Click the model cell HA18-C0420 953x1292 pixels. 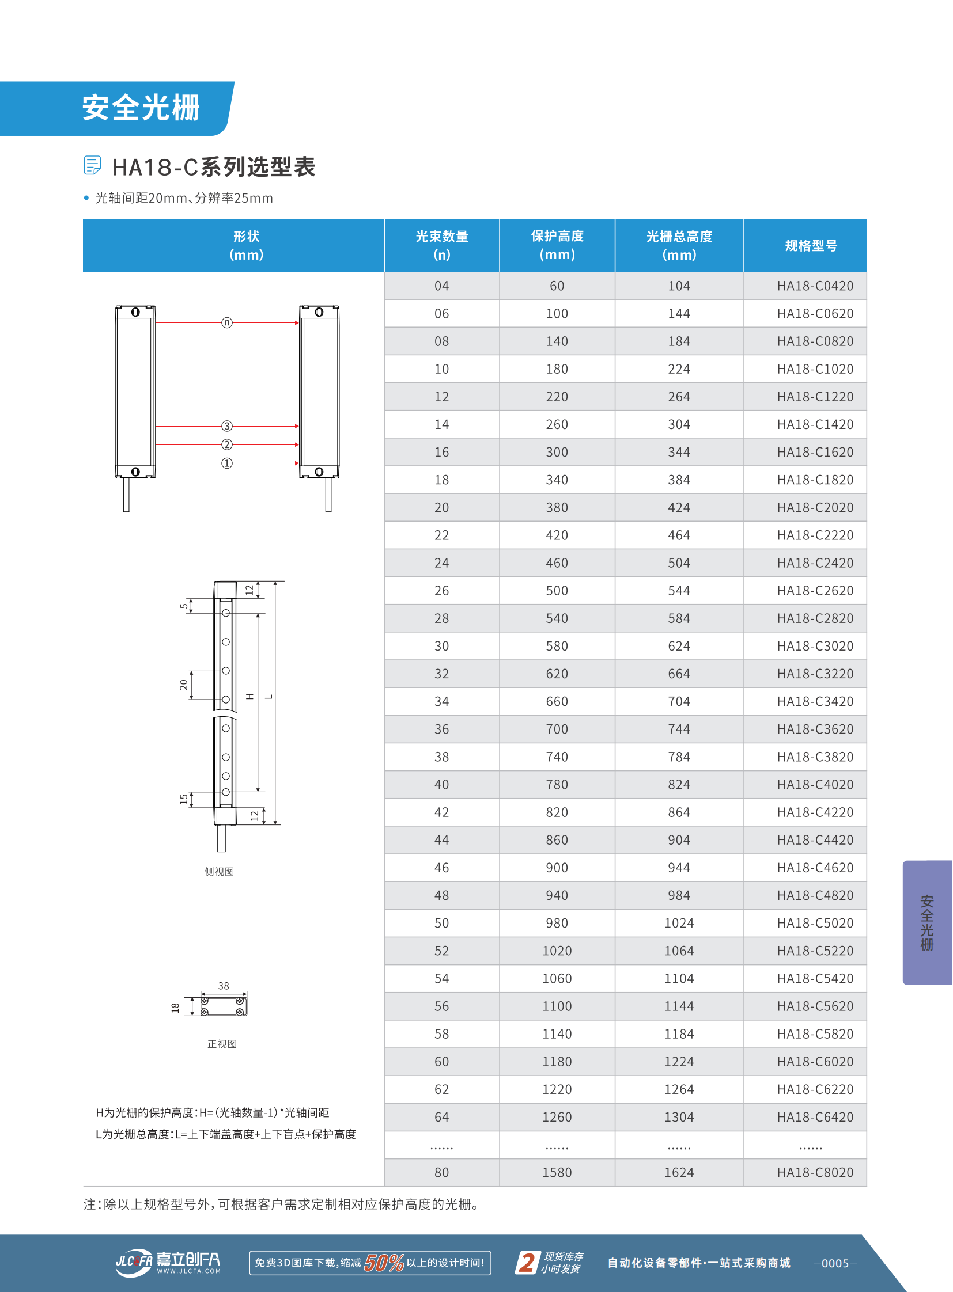(x=815, y=286)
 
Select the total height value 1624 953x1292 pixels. (x=679, y=1172)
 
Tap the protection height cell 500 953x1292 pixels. (x=557, y=590)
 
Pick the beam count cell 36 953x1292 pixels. (x=441, y=729)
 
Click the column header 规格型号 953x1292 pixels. (x=811, y=246)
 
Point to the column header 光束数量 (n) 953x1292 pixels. (x=441, y=245)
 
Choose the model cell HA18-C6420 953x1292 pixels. (x=815, y=1117)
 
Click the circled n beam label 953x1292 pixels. (x=226, y=322)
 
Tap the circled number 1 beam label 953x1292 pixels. (x=226, y=463)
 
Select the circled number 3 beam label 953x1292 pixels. (x=226, y=426)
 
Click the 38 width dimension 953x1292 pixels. (x=223, y=986)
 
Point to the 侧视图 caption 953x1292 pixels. (x=219, y=871)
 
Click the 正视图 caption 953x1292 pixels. (x=222, y=1043)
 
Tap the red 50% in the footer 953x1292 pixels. (x=384, y=1263)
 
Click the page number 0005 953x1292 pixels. (x=835, y=1263)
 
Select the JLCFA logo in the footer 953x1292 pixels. (x=168, y=1263)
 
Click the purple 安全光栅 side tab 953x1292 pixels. (x=926, y=922)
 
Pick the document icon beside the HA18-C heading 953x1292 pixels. (x=92, y=165)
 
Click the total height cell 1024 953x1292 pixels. (x=679, y=923)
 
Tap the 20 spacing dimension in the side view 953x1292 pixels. (x=183, y=685)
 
